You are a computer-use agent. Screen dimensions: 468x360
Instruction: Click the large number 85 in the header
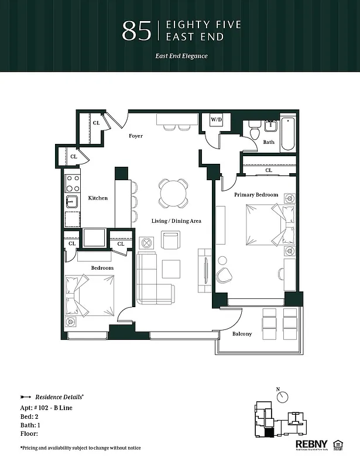coord(136,32)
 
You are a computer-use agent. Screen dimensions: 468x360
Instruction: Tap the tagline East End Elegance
coord(181,56)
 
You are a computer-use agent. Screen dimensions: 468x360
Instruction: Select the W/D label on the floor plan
coord(217,120)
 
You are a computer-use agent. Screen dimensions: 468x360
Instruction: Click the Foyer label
coord(136,136)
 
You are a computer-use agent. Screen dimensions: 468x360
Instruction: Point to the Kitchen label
coord(98,198)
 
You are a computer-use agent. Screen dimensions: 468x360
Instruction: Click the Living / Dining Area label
coord(176,221)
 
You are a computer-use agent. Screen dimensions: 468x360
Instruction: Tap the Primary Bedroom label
coord(256,194)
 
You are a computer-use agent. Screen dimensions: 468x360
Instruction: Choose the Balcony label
coord(242,333)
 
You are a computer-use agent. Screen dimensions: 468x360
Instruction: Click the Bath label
coord(268,142)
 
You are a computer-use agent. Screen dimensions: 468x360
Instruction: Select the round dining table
coord(174,194)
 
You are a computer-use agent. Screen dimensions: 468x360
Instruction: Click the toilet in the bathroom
coord(253,130)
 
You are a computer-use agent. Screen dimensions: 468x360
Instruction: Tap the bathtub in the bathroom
coord(289,134)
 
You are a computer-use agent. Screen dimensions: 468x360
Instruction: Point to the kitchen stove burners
coord(73,183)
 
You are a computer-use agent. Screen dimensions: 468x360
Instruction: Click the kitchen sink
coord(72,202)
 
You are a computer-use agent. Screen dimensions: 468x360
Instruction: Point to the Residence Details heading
coord(59,396)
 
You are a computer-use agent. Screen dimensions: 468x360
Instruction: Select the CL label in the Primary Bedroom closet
coord(269,170)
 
